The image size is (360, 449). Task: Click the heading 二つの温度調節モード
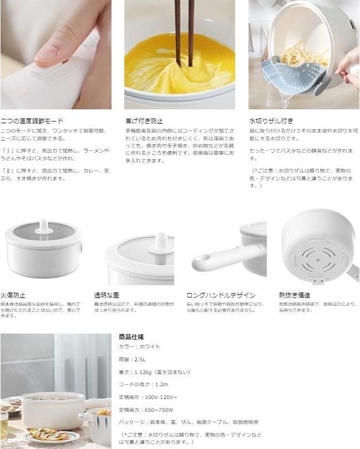(x=32, y=120)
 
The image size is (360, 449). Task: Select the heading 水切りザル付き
(x=272, y=120)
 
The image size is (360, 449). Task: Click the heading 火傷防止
(x=13, y=295)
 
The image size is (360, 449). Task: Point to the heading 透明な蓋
(x=107, y=295)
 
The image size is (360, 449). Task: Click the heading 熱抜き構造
(x=294, y=295)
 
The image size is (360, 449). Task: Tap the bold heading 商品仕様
(x=131, y=336)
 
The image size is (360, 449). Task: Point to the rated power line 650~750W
(x=146, y=410)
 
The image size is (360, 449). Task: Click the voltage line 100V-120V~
(x=148, y=397)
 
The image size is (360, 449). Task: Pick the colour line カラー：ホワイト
(x=139, y=346)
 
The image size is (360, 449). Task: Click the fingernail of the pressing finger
(x=47, y=53)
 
